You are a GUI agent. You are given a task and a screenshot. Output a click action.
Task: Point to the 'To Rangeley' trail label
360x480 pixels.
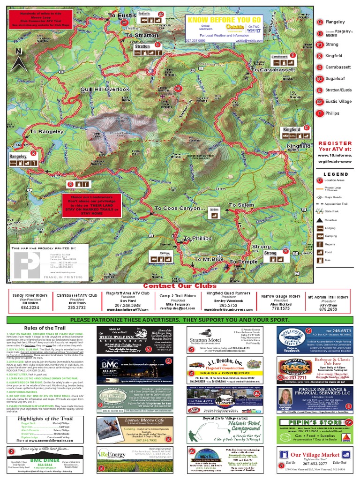pyautogui.click(x=47, y=132)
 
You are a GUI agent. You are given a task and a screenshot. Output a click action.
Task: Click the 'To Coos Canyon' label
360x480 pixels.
pyautogui.click(x=180, y=208)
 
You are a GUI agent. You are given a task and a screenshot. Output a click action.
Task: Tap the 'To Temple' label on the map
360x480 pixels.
pyautogui.click(x=244, y=261)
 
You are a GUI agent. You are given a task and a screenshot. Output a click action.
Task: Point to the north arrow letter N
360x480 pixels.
pyautogui.click(x=18, y=51)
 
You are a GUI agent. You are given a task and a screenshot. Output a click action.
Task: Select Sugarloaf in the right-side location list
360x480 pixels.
pyautogui.click(x=338, y=79)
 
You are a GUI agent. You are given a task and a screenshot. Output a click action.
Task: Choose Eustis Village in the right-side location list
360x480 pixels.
pyautogui.click(x=338, y=101)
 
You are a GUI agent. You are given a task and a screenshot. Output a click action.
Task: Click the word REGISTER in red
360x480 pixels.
pyautogui.click(x=335, y=143)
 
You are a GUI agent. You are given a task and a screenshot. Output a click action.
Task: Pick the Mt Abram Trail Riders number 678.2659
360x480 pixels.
pyautogui.click(x=328, y=309)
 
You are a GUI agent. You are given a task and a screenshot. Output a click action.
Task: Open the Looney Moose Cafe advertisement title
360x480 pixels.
pyautogui.click(x=134, y=421)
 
